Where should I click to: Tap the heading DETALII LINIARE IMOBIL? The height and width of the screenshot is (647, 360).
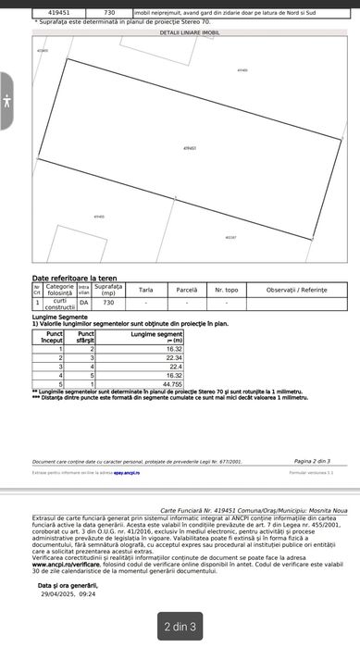(189, 31)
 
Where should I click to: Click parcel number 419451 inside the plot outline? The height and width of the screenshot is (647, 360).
(190, 148)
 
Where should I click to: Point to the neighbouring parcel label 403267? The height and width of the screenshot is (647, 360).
(230, 237)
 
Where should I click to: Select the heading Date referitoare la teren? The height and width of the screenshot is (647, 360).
(74, 278)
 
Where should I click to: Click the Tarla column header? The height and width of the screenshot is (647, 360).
(145, 290)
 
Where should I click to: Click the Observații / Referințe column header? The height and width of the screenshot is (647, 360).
(295, 290)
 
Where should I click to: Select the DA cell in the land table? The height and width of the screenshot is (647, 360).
(84, 302)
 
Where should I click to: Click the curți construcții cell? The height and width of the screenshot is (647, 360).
(59, 303)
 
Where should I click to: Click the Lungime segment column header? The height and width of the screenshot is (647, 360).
(157, 336)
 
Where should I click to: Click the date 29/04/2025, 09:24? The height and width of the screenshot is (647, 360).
(68, 594)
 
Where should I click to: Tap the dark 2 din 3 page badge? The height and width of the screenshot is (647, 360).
(180, 628)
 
